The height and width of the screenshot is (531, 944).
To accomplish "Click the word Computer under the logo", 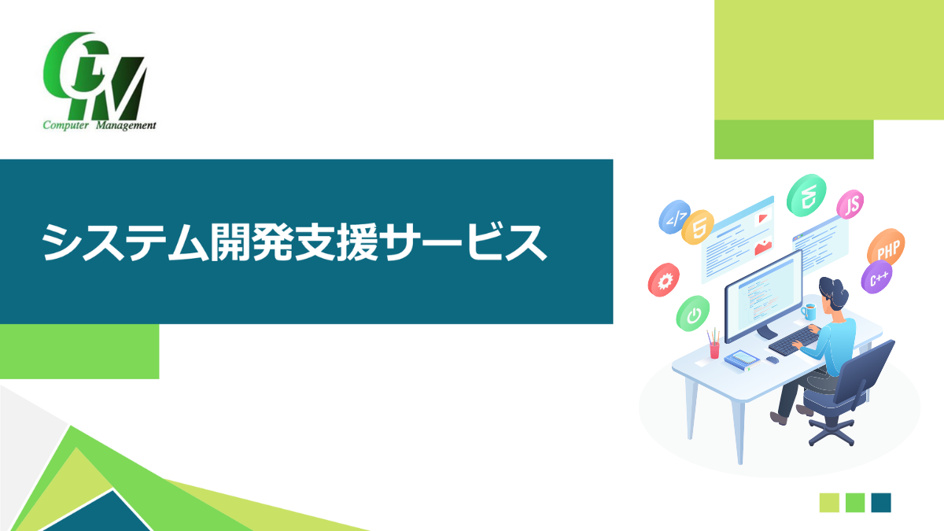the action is pos(66,125).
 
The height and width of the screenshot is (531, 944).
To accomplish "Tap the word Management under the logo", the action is pos(126,126).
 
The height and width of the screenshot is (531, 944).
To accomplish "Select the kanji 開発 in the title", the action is pos(252,242).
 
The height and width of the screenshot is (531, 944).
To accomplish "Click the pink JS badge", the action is pos(850,205).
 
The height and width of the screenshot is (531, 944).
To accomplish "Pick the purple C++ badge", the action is pos(876,277).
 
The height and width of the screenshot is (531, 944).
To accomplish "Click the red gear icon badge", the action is pos(664,280).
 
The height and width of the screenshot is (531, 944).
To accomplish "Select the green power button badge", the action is pos(693,314).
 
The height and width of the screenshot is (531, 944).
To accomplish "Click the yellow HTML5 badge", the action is pos(698,227).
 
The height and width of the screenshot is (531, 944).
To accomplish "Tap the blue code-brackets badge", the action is pos(674,216).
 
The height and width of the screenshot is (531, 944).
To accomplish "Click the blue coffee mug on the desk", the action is pos(809,312).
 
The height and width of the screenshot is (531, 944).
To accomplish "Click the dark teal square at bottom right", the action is pos(881,503).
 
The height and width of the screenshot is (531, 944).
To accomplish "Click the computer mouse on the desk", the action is pos(772,360).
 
